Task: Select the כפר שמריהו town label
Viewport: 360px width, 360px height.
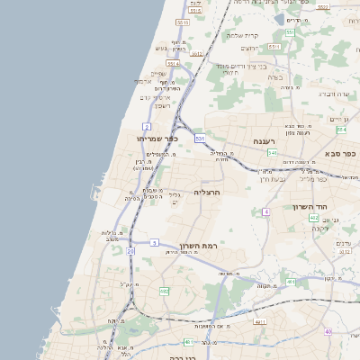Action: pyautogui.click(x=135, y=139)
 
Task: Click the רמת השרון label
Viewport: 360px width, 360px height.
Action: pyautogui.click(x=200, y=246)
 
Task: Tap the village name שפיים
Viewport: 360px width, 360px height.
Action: pyautogui.click(x=157, y=74)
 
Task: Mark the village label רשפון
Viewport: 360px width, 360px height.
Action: pyautogui.click(x=162, y=106)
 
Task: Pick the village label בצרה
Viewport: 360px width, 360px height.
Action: pyautogui.click(x=275, y=77)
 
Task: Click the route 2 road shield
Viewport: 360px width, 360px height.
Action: pyautogui.click(x=146, y=127)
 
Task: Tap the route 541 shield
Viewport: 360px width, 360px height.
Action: pyautogui.click(x=272, y=153)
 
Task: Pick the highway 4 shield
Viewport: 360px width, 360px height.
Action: pyautogui.click(x=266, y=211)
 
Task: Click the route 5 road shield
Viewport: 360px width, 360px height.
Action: pyautogui.click(x=155, y=242)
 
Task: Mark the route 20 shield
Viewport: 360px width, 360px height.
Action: pyautogui.click(x=130, y=251)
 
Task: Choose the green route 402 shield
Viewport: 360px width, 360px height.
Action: pyautogui.click(x=313, y=218)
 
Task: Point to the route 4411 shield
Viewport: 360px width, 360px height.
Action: pyautogui.click(x=261, y=322)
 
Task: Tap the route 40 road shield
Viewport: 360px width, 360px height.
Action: pyautogui.click(x=328, y=332)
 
